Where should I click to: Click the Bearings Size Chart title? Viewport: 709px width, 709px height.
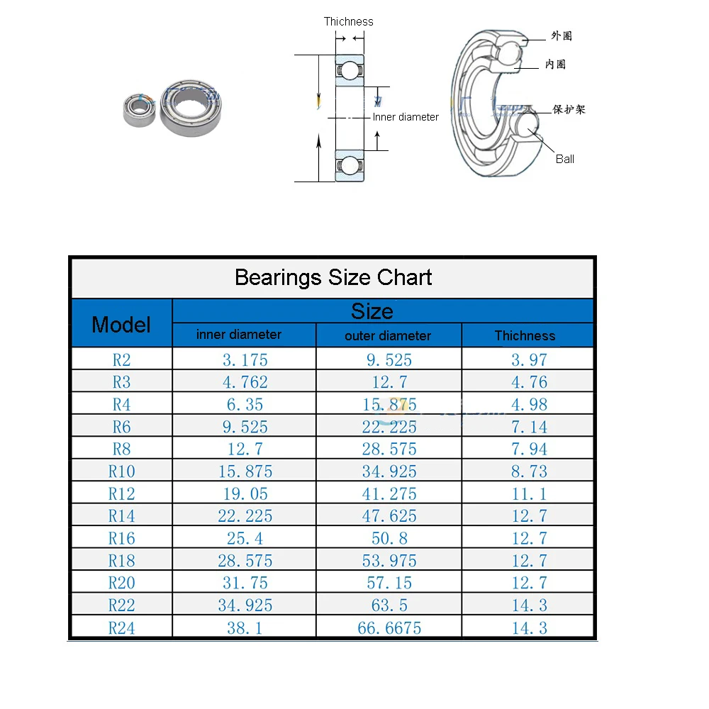(333, 277)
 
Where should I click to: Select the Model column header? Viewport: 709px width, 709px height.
(121, 324)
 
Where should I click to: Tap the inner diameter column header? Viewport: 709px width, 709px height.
(239, 335)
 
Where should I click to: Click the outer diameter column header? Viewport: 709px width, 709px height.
(388, 335)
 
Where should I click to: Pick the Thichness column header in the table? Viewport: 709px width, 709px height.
(525, 335)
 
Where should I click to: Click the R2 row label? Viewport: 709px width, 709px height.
(121, 359)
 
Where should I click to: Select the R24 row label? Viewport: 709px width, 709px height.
(121, 627)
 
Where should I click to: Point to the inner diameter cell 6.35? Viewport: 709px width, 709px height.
(245, 404)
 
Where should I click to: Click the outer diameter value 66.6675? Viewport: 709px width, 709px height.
(389, 627)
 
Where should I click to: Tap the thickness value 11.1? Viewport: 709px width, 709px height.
(529, 493)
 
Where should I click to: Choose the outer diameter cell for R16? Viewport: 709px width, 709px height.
(389, 538)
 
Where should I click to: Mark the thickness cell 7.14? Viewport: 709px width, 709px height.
(529, 427)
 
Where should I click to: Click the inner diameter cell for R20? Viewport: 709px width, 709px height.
(245, 583)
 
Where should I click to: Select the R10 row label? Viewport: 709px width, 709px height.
(121, 471)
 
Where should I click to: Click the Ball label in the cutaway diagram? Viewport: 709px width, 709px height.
(565, 159)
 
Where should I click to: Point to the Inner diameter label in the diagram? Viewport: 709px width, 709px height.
(406, 117)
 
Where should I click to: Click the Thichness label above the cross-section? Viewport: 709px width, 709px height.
(348, 21)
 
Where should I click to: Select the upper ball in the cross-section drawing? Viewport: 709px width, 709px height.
(349, 69)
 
